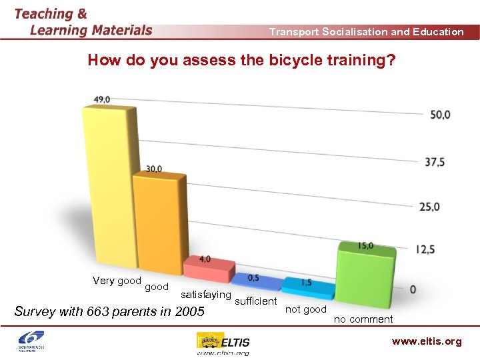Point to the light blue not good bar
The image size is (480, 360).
307,287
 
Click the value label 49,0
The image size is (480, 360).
102,99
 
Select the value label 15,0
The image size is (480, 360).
365,246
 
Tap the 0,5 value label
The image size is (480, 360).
253,278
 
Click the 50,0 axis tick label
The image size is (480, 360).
440,115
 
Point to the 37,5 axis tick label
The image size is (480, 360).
437,162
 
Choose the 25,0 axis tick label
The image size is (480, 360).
430,207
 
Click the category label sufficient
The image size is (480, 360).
256,302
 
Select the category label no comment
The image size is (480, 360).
363,319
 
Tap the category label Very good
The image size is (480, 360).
117,281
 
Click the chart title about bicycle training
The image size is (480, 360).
241,61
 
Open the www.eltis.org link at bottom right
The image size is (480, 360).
426,341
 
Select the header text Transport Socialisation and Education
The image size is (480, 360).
366,32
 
